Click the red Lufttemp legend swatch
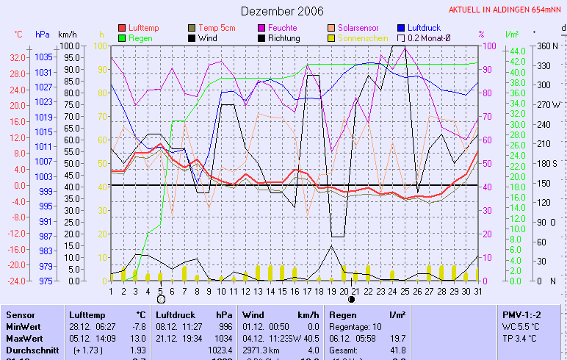[x=122, y=28]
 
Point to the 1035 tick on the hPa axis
[x=43, y=57]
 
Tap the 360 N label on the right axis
[x=547, y=46]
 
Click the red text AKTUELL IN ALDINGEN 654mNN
[x=505, y=11]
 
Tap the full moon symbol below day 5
[x=161, y=300]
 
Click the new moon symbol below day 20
[x=352, y=300]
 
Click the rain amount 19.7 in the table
[x=397, y=337]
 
